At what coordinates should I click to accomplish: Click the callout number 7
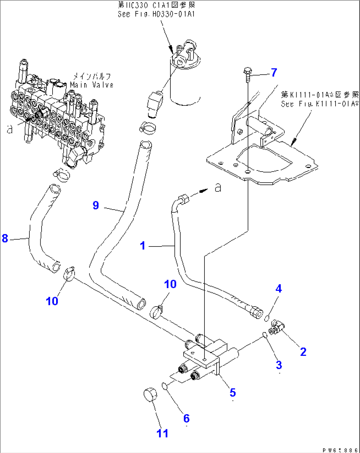pyautogui.click(x=274, y=72)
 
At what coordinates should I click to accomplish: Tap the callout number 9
pyautogui.click(x=96, y=206)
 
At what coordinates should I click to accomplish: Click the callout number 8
pyautogui.click(x=5, y=238)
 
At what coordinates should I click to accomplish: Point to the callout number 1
pyautogui.click(x=143, y=245)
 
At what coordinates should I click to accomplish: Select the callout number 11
pyautogui.click(x=162, y=433)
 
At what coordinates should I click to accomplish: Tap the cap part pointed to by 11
pyautogui.click(x=150, y=395)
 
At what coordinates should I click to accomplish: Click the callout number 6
pyautogui.click(x=187, y=418)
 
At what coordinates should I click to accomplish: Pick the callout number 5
pyautogui.click(x=233, y=393)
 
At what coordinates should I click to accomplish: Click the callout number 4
pyautogui.click(x=279, y=289)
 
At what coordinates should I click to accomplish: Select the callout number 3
pyautogui.click(x=279, y=365)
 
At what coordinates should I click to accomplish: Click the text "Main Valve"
pyautogui.click(x=91, y=85)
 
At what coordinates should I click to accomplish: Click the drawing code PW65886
pyautogui.click(x=340, y=450)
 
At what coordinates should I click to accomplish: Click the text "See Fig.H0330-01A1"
pyautogui.click(x=156, y=14)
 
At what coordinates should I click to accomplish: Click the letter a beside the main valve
pyautogui.click(x=10, y=129)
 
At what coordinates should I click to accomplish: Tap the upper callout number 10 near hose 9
pyautogui.click(x=170, y=284)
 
